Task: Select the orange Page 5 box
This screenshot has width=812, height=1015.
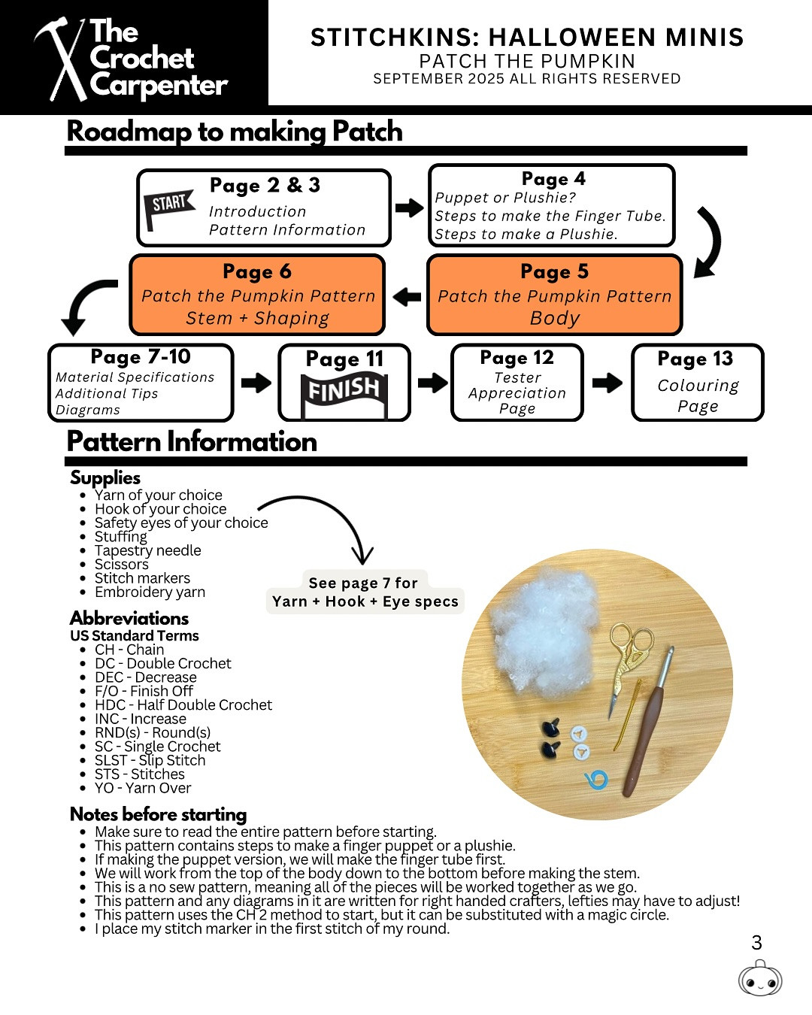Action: tap(555, 295)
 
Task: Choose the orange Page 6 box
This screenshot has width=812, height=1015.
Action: tap(257, 295)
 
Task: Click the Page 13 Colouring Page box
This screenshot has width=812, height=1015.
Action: tap(698, 382)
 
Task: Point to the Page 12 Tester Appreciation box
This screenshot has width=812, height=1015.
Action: tap(517, 382)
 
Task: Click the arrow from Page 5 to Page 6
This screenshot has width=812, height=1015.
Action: tap(407, 296)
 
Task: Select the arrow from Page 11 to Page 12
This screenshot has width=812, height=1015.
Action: tap(432, 383)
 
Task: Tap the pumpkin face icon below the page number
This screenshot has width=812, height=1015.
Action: tap(760, 979)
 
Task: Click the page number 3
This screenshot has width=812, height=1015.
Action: tap(756, 943)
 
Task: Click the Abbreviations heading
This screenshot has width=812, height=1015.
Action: tap(129, 618)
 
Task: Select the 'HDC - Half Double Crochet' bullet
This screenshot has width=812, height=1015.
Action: tap(183, 705)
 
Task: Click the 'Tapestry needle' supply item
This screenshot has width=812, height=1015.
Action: tap(148, 550)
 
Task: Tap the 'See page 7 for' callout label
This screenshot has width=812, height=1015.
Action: tap(362, 583)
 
